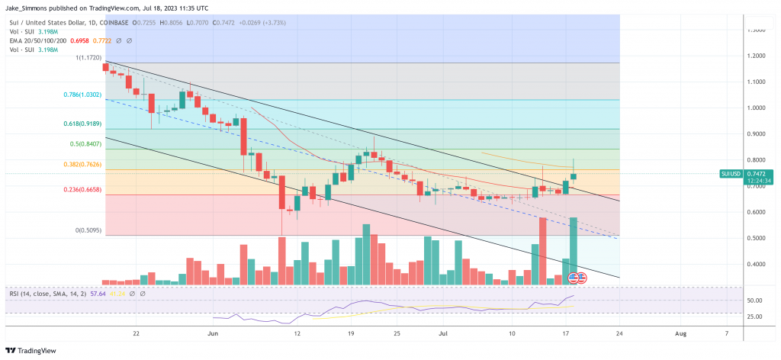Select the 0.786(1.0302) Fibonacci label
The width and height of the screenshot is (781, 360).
82,95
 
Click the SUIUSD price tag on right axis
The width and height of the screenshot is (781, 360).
731,174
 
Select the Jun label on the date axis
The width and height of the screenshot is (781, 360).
214,333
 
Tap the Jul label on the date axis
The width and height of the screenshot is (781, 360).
443,333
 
